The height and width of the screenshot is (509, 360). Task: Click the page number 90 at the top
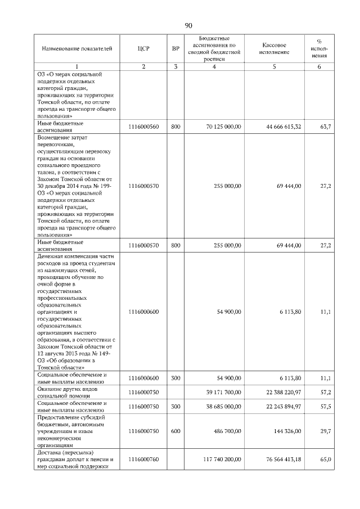pyautogui.click(x=188, y=25)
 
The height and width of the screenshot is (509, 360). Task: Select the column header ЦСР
pyautogui.click(x=143, y=48)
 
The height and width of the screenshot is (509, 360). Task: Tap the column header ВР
pyautogui.click(x=175, y=48)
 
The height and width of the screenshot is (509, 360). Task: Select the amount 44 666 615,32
pyautogui.click(x=283, y=127)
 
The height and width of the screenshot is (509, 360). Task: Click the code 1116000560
pyautogui.click(x=143, y=127)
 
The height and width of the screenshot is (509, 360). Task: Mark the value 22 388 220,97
pyautogui.click(x=283, y=391)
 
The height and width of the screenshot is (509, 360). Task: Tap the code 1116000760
pyautogui.click(x=143, y=460)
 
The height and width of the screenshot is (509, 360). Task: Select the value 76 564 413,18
pyautogui.click(x=283, y=460)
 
